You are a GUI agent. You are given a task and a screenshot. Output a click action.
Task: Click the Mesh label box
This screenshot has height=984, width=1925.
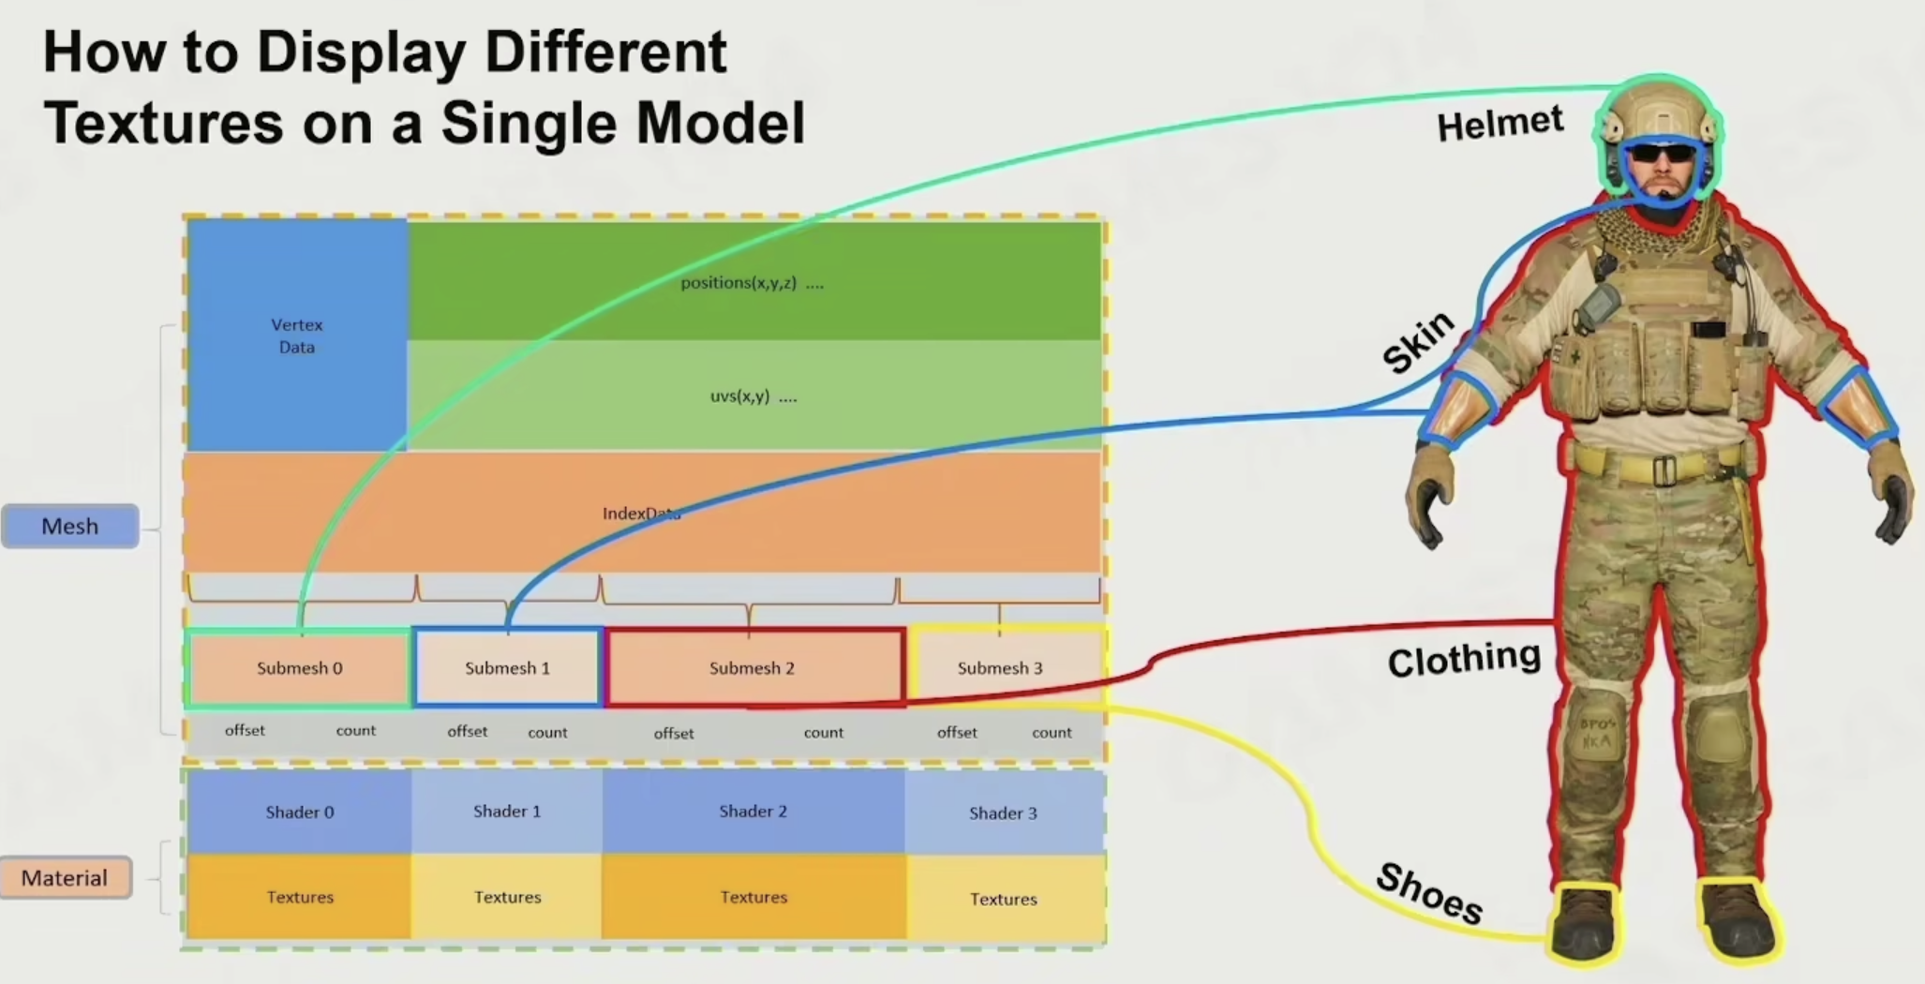coord(70,526)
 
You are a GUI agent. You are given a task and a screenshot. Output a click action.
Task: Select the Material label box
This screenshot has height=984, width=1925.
coord(65,878)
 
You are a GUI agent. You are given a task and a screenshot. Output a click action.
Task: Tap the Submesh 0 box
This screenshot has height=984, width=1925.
coord(299,668)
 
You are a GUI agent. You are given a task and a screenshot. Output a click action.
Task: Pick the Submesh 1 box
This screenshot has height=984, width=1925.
coord(507,668)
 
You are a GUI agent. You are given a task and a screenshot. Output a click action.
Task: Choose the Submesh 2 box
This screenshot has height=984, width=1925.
coord(752,668)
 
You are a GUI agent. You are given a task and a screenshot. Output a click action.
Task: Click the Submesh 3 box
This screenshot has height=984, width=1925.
coord(1000,668)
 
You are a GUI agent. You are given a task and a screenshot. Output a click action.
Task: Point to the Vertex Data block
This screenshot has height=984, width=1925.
coord(297,335)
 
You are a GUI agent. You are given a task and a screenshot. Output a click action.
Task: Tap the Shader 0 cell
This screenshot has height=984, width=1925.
coord(299,812)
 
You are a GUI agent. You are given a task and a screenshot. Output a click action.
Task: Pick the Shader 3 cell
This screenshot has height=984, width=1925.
coord(1003,813)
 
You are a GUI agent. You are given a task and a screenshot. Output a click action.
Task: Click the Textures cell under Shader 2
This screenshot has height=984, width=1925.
coord(754,897)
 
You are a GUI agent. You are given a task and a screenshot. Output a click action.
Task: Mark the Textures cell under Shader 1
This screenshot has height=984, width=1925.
coord(507,897)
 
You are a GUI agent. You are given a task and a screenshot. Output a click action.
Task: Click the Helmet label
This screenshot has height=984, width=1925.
coord(1500,124)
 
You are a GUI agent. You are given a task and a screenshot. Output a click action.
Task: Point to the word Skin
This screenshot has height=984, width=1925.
coord(1418,341)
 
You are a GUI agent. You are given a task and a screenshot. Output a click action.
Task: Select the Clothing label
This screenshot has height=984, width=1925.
coord(1464,660)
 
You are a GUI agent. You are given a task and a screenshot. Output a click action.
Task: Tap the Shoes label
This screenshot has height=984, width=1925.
coord(1429,893)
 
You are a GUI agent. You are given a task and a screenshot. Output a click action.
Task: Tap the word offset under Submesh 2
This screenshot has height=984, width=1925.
coord(674,733)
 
